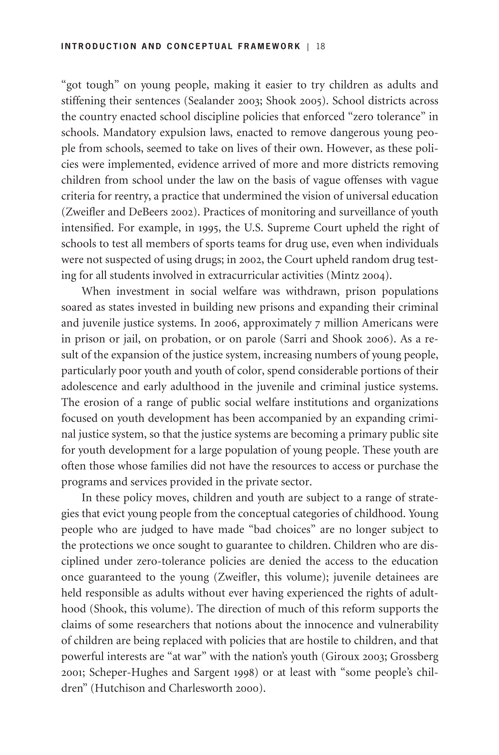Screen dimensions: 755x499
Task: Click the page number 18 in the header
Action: (x=320, y=47)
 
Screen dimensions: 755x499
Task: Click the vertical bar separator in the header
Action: (x=308, y=47)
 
